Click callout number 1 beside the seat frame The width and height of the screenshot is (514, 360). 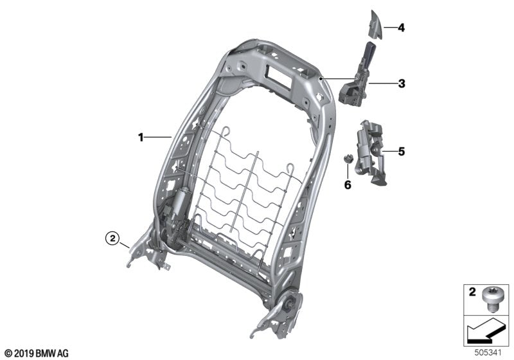[x=140, y=136]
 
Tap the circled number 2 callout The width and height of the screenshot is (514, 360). [x=112, y=239]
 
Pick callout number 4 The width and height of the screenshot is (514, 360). [x=401, y=28]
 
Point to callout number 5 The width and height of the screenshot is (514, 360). [x=401, y=152]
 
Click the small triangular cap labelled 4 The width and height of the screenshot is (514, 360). [x=376, y=26]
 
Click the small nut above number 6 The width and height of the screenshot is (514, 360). [x=348, y=158]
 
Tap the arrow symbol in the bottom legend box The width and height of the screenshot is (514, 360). [x=482, y=332]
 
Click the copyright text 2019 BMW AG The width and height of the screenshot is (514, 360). [x=36, y=353]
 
